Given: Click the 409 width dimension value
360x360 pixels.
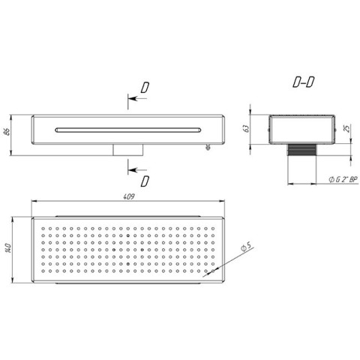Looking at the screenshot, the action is coord(129,196).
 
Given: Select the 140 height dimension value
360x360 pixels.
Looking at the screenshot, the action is coord(8,248).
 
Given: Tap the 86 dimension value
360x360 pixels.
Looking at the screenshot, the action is coord(7,132).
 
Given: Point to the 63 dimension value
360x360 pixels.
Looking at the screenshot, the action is coord(246,128).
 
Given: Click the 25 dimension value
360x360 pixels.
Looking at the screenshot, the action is coord(347,128).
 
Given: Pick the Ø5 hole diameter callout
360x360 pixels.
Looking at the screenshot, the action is coord(246,247).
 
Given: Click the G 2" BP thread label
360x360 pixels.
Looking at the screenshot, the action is coord(343,179).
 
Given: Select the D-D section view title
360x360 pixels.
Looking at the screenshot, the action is coord(304,82).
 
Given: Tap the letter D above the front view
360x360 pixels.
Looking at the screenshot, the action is coord(145,88).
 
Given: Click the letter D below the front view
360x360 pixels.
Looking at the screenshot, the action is coord(145,181).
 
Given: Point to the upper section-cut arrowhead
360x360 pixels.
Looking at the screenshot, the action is coord(132,98).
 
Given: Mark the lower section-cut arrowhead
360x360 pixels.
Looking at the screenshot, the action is coord(132,170).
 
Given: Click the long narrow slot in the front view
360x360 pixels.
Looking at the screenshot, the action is coord(127,130).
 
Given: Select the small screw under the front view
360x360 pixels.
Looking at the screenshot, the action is coord(208,147).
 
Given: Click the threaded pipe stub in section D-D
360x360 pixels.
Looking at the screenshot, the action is coord(301,150).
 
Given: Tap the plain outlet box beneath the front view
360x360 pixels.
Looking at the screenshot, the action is coord(127,150).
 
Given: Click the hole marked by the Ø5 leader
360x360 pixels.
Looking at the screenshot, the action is coord(213,271).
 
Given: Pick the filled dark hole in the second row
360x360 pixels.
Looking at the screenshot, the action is coord(128,235).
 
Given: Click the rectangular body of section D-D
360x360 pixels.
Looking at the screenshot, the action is coord(301,130).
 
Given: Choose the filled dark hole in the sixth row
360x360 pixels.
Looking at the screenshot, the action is coord(128,264).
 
